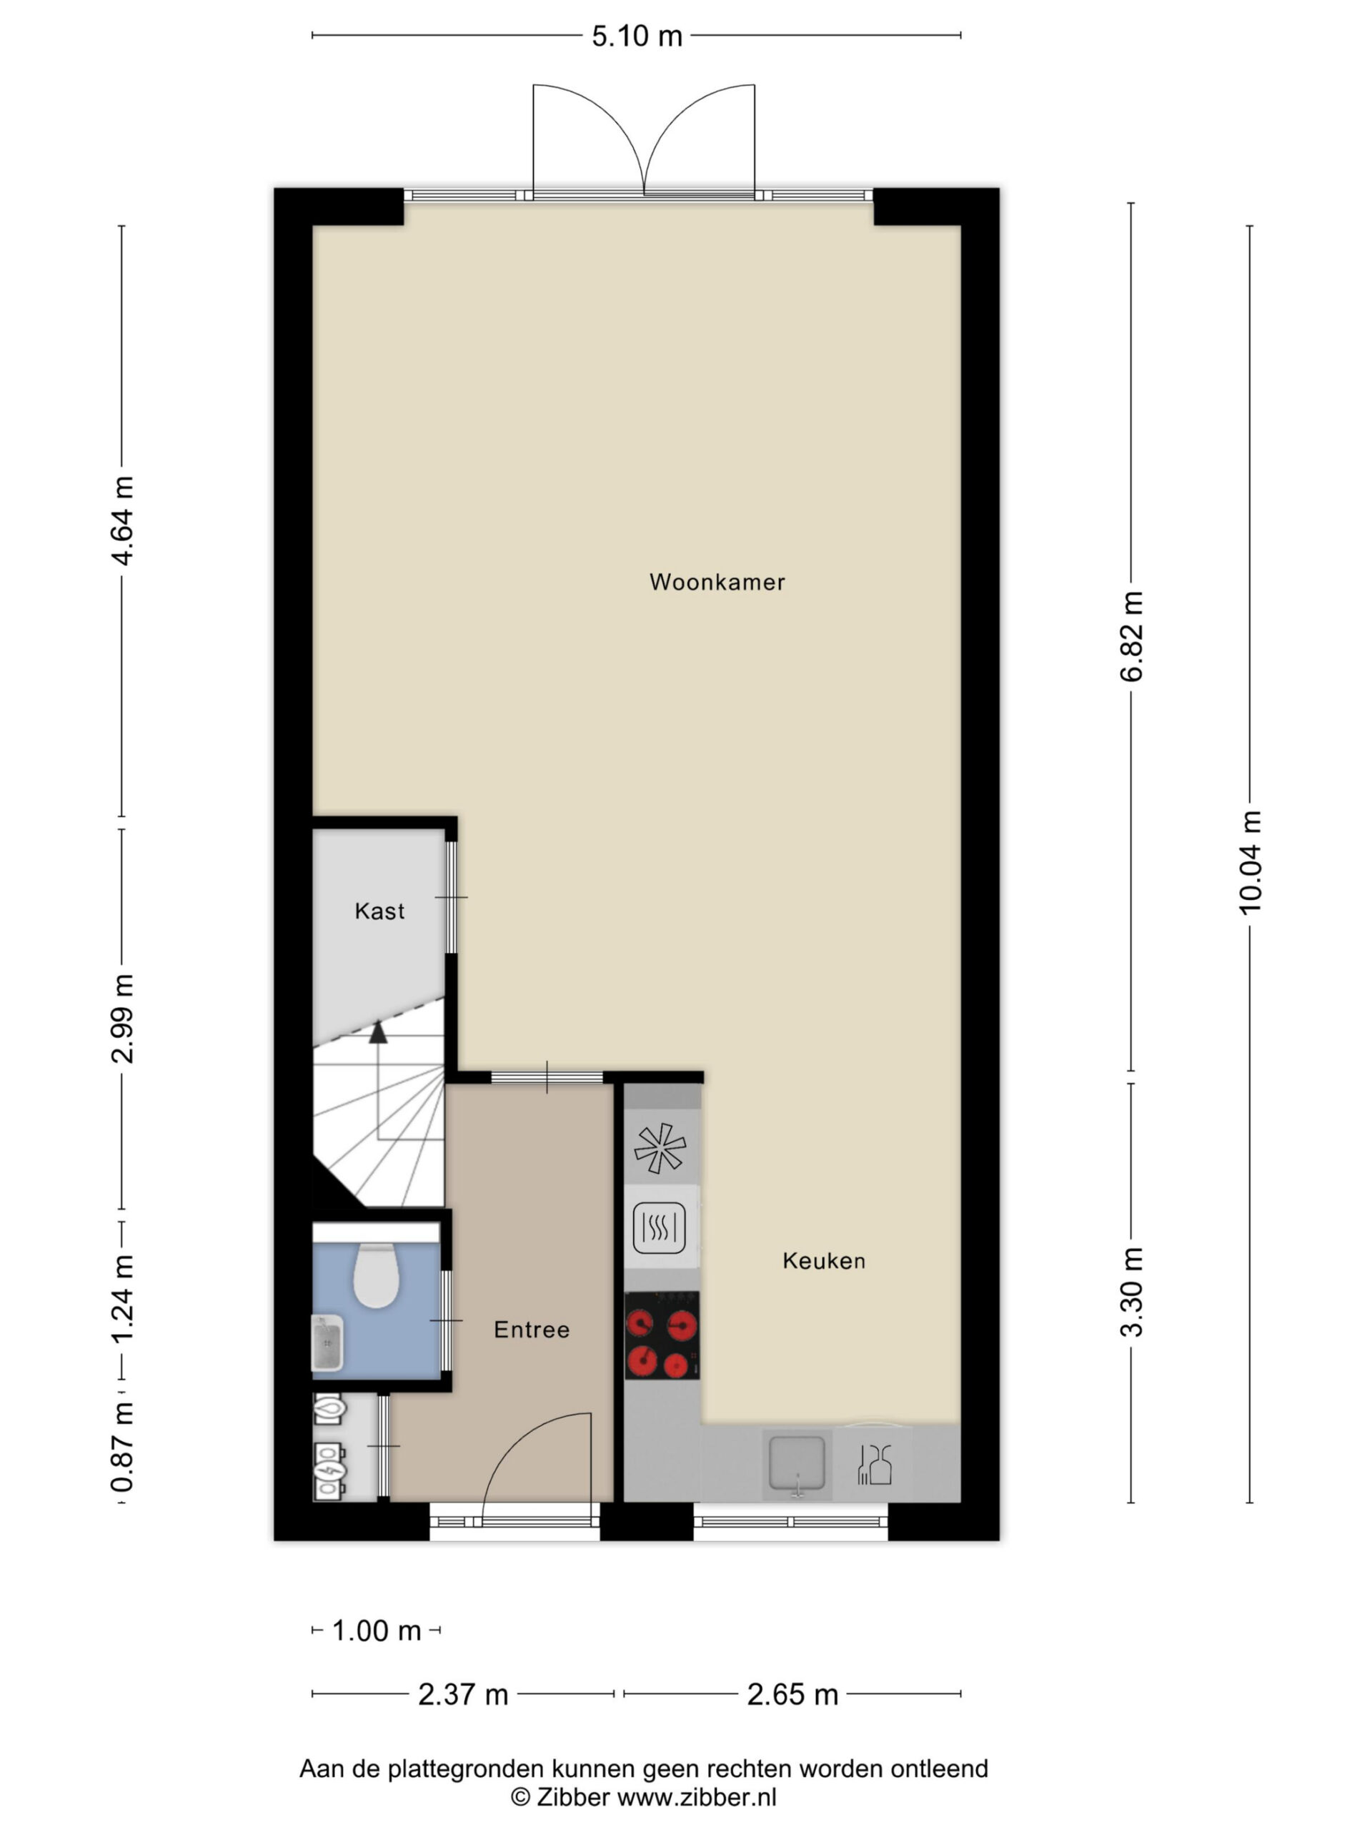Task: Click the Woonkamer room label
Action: tap(716, 583)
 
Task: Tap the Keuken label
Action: tap(824, 1261)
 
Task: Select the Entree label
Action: tap(532, 1330)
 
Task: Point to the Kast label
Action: tap(379, 911)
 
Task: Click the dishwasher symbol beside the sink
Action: tap(875, 1463)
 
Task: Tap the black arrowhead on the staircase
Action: tap(378, 1032)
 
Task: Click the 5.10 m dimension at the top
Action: tap(637, 36)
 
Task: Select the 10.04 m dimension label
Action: tap(1250, 862)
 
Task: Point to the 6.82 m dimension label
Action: tap(1131, 637)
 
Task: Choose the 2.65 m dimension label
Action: tap(792, 1695)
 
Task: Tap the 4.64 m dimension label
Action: tap(122, 520)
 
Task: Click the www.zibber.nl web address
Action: tap(698, 1796)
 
